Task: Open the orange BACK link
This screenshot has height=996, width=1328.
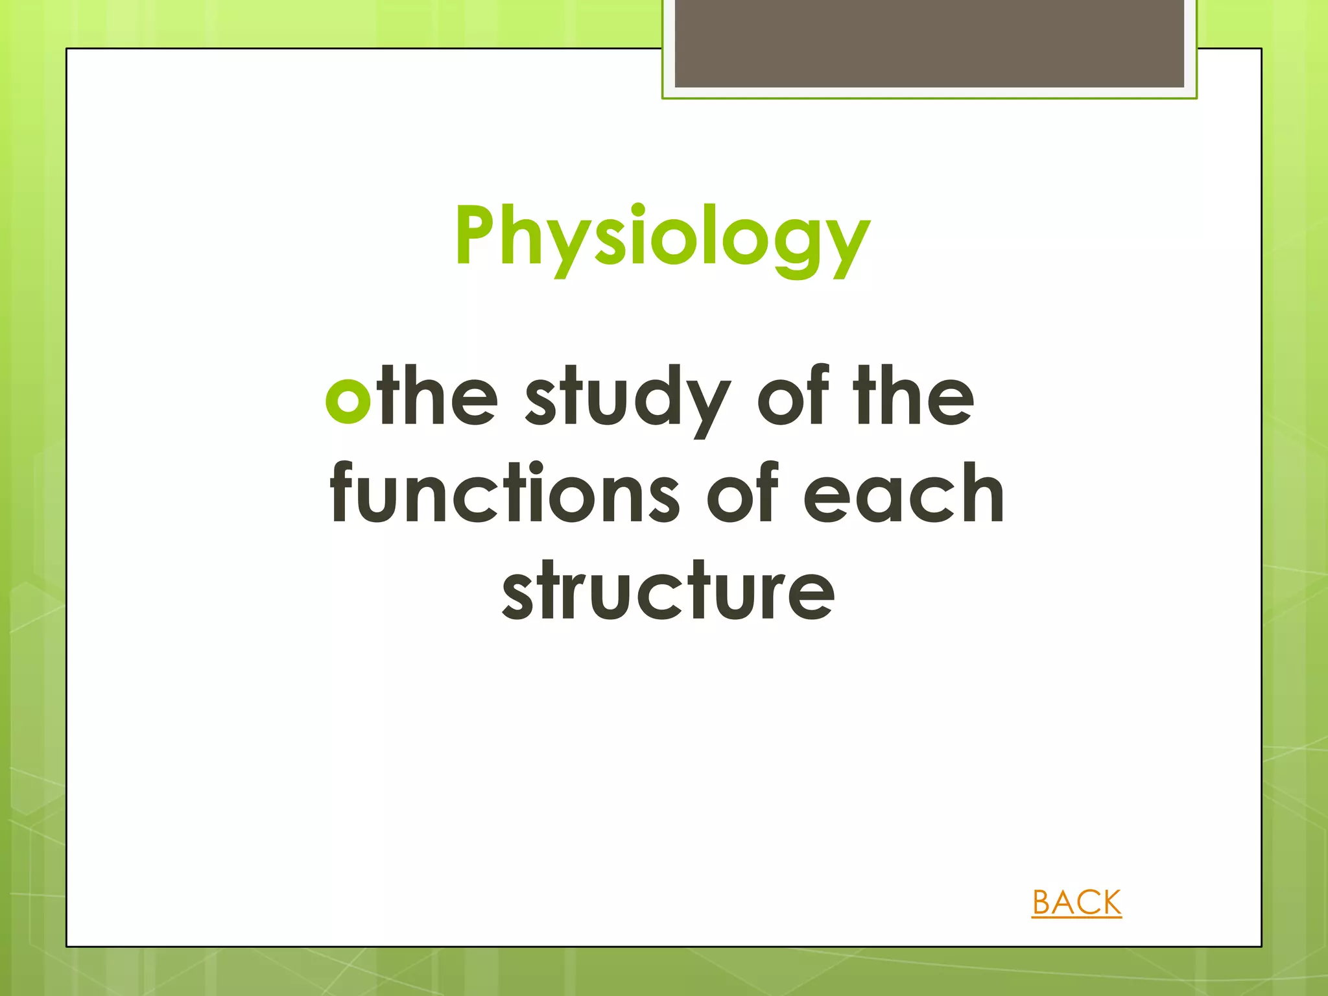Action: (1076, 903)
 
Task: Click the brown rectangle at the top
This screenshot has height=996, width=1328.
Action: (929, 43)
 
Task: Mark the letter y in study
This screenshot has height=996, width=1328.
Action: (705, 405)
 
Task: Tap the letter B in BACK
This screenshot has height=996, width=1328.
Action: (1043, 903)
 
